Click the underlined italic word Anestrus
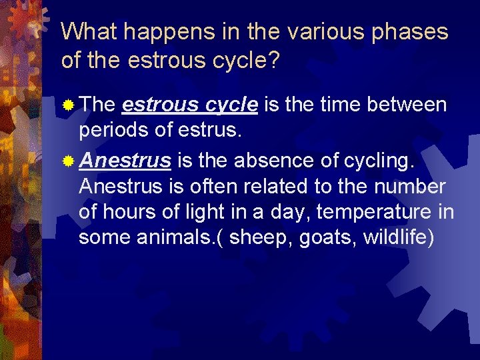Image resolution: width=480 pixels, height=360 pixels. click(125, 161)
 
